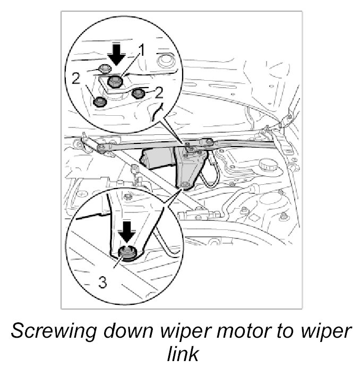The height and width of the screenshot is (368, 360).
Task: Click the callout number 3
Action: [x=102, y=283]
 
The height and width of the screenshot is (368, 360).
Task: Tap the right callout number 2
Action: [x=159, y=94]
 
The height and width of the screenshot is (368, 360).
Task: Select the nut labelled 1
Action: [x=115, y=82]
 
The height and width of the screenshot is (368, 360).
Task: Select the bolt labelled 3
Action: [x=126, y=253]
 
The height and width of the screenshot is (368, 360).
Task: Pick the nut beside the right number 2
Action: [x=139, y=94]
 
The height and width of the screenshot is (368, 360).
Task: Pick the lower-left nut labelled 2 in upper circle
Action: [x=99, y=101]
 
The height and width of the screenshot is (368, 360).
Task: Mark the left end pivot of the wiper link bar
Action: [x=100, y=148]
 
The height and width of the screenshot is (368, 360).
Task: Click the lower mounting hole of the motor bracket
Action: [x=185, y=184]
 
